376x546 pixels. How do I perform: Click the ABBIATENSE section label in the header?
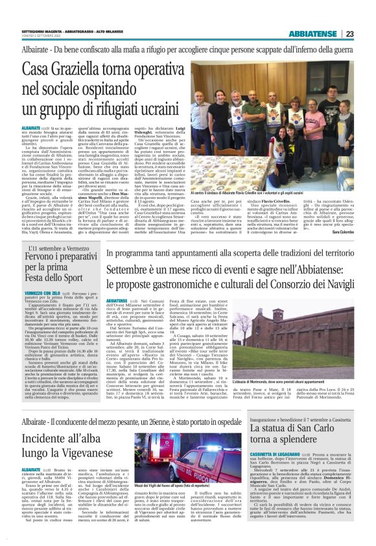click(x=314, y=34)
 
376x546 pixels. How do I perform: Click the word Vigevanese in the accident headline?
click(x=70, y=448)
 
